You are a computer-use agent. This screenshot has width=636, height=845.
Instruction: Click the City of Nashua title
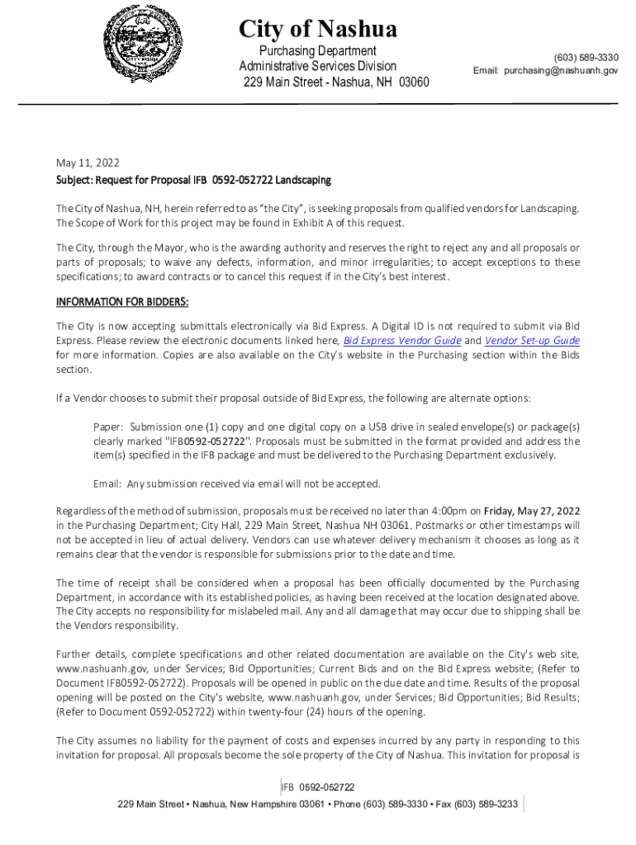(318, 30)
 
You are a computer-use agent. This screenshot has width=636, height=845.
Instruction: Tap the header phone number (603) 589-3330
(586, 57)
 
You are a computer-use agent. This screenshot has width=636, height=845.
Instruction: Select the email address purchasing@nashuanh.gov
(560, 71)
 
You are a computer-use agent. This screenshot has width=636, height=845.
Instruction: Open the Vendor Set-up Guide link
(532, 340)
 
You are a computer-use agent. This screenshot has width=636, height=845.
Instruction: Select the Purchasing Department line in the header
(318, 51)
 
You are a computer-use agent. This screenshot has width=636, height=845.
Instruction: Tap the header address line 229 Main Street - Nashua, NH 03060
(336, 83)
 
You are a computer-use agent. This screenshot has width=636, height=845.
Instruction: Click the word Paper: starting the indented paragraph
(108, 427)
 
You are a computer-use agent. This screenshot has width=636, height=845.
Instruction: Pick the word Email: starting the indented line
(108, 483)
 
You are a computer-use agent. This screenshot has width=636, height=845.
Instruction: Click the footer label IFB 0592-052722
(318, 787)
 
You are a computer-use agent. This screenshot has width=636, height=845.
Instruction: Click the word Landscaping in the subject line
(303, 179)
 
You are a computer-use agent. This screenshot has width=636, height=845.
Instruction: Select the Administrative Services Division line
(318, 66)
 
